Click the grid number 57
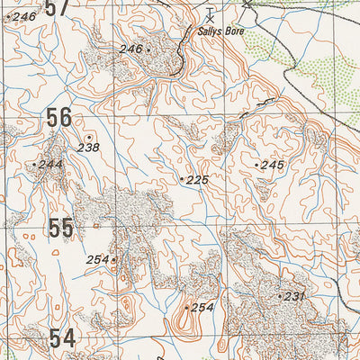[58, 7]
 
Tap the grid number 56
[59, 118]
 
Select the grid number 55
[61, 229]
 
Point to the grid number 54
[62, 338]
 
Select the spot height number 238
[88, 147]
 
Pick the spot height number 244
[51, 164]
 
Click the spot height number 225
[198, 180]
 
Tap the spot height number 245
[273, 165]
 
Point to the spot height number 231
[296, 296]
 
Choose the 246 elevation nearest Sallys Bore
[130, 49]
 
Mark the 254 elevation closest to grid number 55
[97, 259]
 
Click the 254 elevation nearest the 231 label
[202, 308]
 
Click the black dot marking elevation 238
[88, 136]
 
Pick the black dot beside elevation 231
[280, 296]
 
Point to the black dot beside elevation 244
[34, 165]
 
